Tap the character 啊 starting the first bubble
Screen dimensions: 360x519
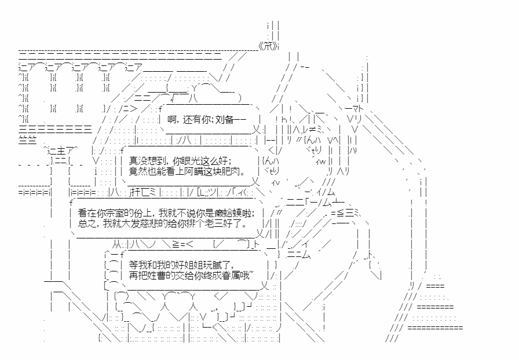pyautogui.click(x=171, y=119)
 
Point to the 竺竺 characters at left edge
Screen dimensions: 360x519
pyautogui.click(x=28, y=139)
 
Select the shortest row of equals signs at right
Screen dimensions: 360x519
pyautogui.click(x=434, y=286)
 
